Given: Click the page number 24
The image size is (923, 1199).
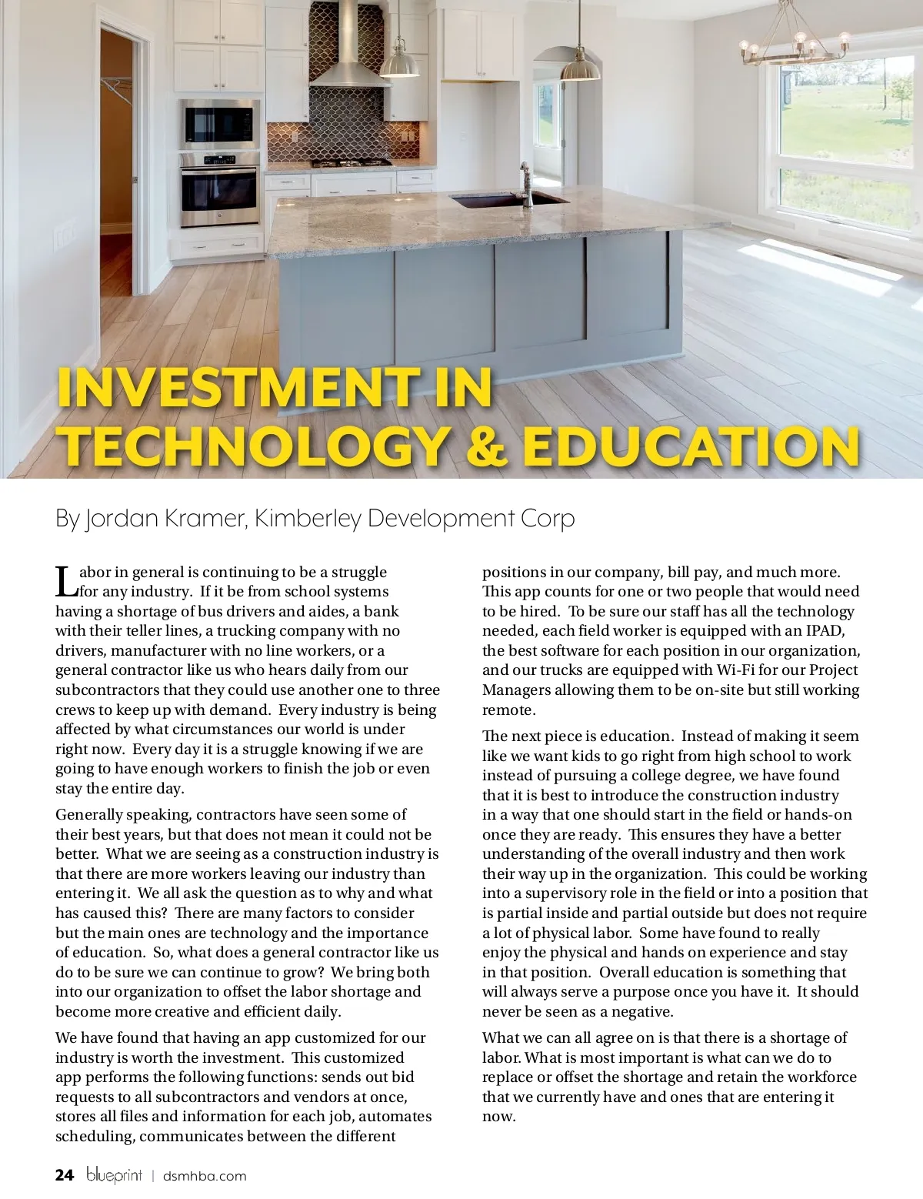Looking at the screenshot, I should pos(65,1175).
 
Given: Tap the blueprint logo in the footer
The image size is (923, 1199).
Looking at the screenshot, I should pos(114,1175).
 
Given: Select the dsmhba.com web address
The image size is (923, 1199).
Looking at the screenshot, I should pos(205,1176).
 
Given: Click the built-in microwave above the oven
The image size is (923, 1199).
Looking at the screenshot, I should pos(220,122).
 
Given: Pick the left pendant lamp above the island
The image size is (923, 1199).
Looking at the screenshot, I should pos(400,62).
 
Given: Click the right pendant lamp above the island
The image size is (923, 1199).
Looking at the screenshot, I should pos(579,69).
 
